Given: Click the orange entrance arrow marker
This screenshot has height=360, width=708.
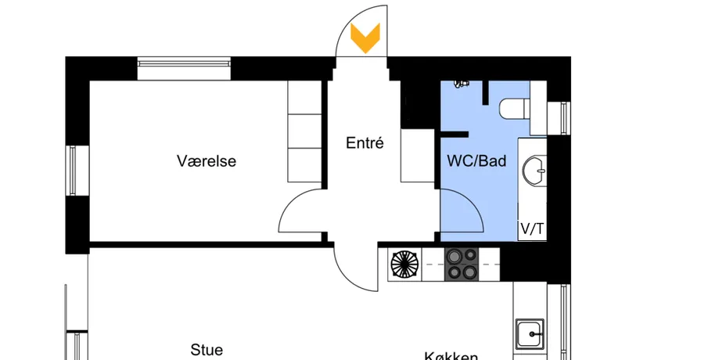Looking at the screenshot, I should pyautogui.click(x=365, y=38).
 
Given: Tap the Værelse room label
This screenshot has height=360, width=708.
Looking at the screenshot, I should pyautogui.click(x=207, y=162).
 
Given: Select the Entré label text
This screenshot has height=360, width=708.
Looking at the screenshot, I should pyautogui.click(x=365, y=143).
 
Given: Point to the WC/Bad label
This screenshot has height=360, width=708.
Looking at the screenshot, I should pyautogui.click(x=476, y=162).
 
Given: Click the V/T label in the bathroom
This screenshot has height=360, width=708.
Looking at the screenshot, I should pyautogui.click(x=532, y=229).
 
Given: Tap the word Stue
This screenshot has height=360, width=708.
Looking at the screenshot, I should pyautogui.click(x=207, y=350).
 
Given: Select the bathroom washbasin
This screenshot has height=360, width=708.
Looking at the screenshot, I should pyautogui.click(x=537, y=167).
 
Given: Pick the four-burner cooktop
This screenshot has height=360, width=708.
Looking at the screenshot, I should pyautogui.click(x=462, y=264).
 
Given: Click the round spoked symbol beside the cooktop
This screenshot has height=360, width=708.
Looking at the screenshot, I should pyautogui.click(x=405, y=264).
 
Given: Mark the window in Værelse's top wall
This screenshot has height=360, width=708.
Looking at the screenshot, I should pyautogui.click(x=185, y=63).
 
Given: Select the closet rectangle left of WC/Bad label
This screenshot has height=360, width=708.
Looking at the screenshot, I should pyautogui.click(x=416, y=157).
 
